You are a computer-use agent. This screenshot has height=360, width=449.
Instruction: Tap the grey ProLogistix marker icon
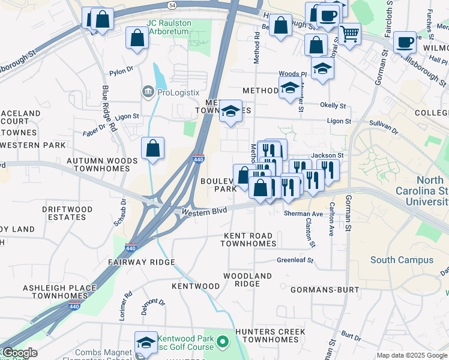147,92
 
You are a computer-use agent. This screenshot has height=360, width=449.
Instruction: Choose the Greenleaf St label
295,260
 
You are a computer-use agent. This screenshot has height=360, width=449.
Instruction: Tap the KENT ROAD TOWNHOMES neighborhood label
248,240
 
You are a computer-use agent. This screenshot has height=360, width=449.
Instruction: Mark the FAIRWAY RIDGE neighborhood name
142,262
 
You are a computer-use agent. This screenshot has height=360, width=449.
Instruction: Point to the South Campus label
402,260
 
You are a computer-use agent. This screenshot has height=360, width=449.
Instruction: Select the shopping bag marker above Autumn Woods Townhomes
152,148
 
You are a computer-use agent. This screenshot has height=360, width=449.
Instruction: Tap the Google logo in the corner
19,353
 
